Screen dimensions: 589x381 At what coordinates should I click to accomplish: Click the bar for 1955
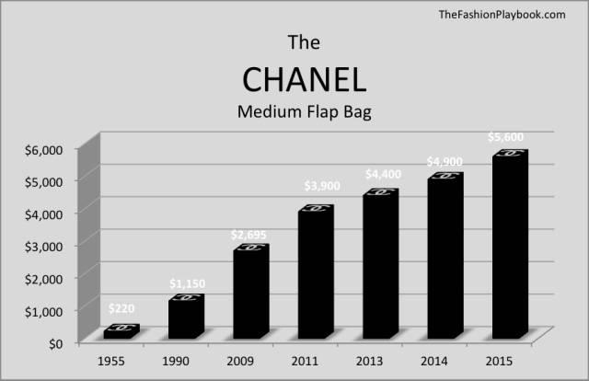121,331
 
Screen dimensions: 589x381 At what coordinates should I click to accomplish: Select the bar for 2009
251,291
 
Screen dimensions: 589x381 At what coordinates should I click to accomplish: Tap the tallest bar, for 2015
510,244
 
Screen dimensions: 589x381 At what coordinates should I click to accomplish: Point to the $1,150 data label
187,283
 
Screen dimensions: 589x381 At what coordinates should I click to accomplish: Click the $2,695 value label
248,235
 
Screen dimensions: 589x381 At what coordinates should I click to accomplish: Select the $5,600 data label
505,137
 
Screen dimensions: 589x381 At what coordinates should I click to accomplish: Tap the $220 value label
121,308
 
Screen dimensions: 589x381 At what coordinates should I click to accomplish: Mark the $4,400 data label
383,174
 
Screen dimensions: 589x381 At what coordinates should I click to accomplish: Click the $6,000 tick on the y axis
43,150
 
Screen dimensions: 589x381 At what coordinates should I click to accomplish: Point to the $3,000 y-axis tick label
43,247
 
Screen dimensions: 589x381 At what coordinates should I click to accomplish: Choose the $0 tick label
55,344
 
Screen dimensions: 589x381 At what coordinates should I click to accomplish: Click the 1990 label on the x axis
176,361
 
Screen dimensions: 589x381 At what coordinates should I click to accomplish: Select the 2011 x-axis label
305,361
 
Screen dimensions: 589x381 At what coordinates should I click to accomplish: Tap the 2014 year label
433,361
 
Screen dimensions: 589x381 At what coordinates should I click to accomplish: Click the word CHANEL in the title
305,80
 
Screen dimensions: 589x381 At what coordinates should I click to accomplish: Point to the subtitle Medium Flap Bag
305,112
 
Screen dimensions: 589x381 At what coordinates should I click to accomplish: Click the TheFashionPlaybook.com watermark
502,15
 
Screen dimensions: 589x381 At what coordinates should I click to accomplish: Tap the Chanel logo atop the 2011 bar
317,208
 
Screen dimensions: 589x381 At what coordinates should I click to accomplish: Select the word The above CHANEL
304,42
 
